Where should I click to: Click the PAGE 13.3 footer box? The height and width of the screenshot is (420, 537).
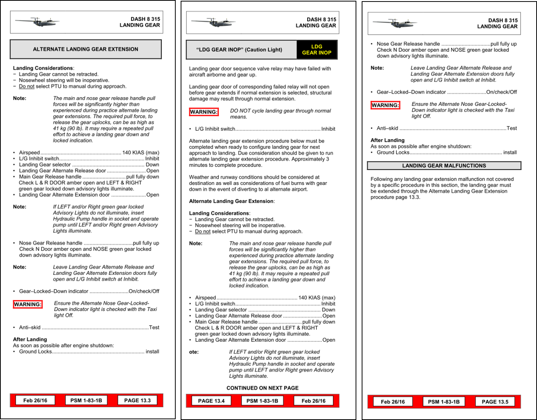(x=137, y=400)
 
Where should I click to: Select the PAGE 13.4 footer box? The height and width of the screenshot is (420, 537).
(x=211, y=401)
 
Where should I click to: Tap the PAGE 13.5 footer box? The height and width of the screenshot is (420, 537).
(x=495, y=401)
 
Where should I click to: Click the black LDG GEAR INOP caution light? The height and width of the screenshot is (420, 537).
(x=316, y=50)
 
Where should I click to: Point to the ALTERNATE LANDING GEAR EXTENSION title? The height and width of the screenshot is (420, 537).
(x=85, y=49)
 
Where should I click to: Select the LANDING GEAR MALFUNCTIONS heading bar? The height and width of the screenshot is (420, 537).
(x=444, y=166)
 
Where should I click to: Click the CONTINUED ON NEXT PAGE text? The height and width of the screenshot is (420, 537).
(x=262, y=388)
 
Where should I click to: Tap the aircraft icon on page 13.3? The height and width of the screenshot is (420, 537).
(x=37, y=22)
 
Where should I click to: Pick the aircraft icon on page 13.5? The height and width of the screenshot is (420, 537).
(x=394, y=23)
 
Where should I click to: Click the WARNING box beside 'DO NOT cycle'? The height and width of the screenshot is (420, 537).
(x=204, y=112)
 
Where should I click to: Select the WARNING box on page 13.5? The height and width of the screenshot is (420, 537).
(x=385, y=105)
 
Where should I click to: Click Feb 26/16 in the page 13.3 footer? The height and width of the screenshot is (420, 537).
(x=35, y=400)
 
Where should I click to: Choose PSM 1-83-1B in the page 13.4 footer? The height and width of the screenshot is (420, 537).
(x=262, y=401)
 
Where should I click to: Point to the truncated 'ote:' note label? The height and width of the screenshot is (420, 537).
(x=194, y=352)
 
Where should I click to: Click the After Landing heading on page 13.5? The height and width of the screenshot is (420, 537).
(x=387, y=140)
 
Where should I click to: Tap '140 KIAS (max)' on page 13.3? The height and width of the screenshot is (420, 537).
(x=141, y=152)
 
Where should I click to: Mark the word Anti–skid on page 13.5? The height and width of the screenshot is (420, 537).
(x=387, y=128)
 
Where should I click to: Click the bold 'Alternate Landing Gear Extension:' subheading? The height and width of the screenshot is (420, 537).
(x=232, y=201)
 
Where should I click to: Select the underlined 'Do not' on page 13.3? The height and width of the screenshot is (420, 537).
(x=27, y=86)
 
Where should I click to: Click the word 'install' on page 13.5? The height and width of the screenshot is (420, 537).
(x=510, y=152)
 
